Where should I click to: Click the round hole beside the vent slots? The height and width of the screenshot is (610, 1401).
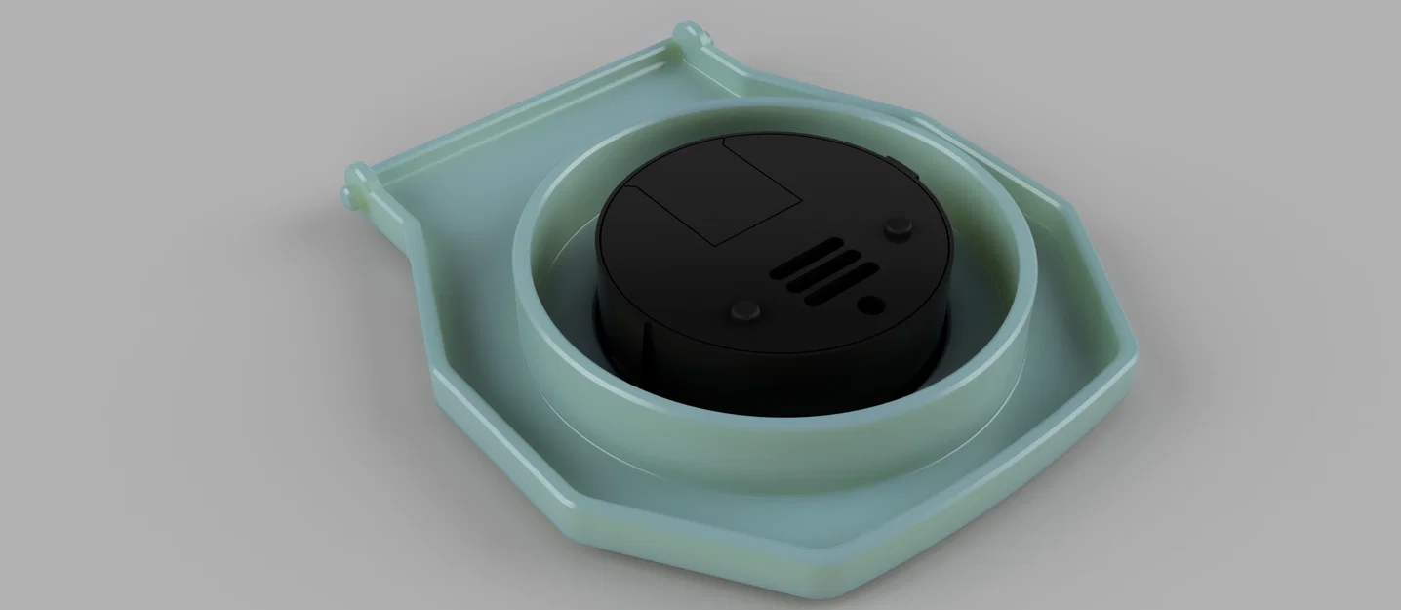pos(870,305)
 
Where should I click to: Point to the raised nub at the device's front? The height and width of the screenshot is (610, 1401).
pos(747,311)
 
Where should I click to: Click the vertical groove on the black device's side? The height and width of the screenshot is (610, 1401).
pos(643,342)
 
